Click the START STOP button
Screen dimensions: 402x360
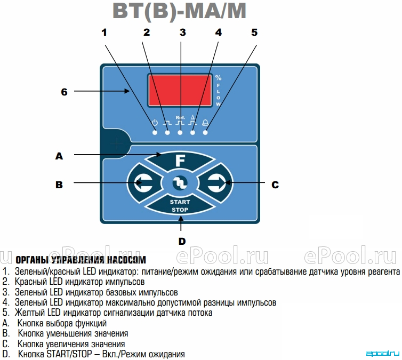pyautogui.click(x=180, y=205)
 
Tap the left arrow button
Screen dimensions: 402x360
pyautogui.click(x=143, y=182)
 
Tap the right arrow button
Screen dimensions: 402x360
pyautogui.click(x=216, y=182)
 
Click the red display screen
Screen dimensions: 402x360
pyautogui.click(x=180, y=90)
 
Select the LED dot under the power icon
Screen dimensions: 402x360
pyautogui.click(x=155, y=133)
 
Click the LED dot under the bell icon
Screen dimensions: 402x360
pyautogui.click(x=205, y=133)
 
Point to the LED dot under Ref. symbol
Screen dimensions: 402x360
pyautogui.click(x=180, y=133)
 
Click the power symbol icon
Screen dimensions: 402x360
pyautogui.click(x=155, y=123)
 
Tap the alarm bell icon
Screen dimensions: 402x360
pyautogui.click(x=205, y=123)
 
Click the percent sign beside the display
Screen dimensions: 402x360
pyautogui.click(x=218, y=77)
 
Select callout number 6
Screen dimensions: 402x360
pyautogui.click(x=64, y=92)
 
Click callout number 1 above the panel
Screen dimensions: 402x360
pyautogui.click(x=104, y=33)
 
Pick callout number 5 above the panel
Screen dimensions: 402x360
pyautogui.click(x=254, y=33)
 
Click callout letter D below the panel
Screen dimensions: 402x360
pyautogui.click(x=182, y=241)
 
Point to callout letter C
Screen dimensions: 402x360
pyautogui.click(x=275, y=185)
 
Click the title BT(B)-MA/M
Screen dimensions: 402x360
pyautogui.click(x=180, y=11)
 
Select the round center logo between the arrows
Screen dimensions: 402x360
pyautogui.click(x=180, y=183)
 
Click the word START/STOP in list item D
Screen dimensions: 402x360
pyautogui.click(x=69, y=354)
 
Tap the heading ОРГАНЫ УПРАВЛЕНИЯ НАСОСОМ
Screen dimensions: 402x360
pyautogui.click(x=81, y=260)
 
